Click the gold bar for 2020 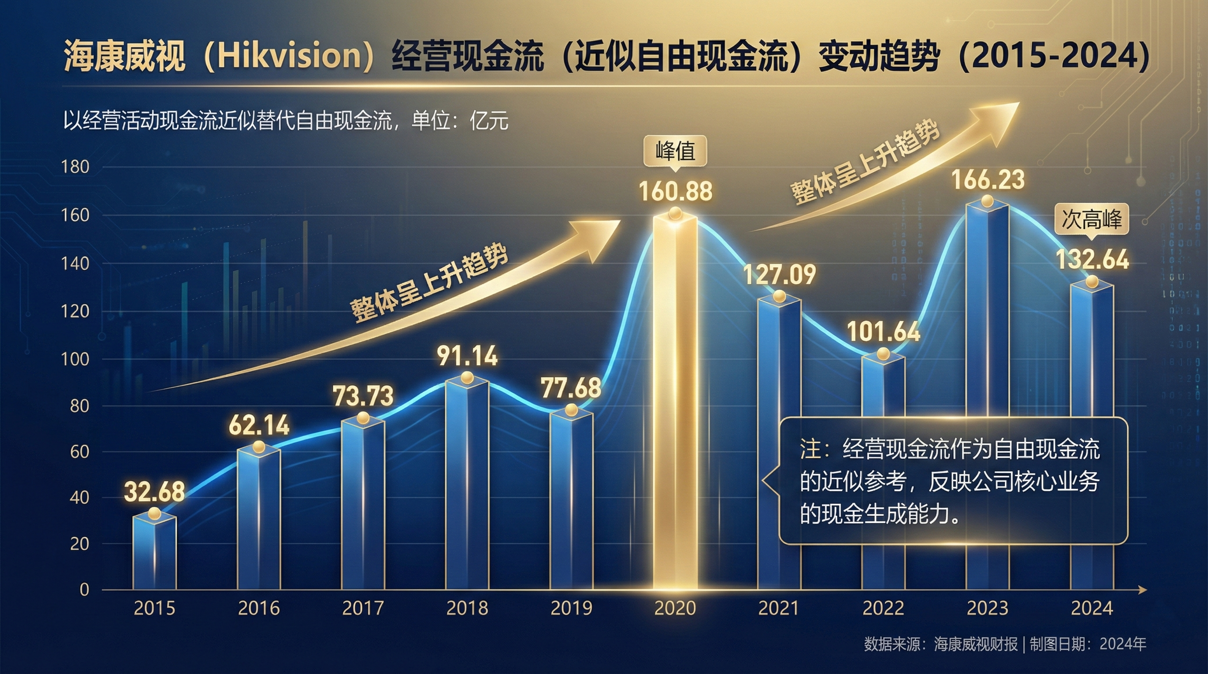coord(675,403)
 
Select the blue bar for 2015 coord(154,553)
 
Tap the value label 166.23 coord(988,180)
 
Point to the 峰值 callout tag coord(675,151)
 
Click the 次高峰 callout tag coord(1091,219)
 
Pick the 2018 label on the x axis coord(467,608)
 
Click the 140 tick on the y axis coord(75,264)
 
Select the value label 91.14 coord(467,356)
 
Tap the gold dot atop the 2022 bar coord(883,354)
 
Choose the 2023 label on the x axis coord(988,608)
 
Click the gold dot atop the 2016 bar coord(259,447)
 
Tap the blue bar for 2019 coord(571,502)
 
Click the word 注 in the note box coord(810,449)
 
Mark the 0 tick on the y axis coord(84,590)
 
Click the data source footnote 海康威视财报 coord(975,645)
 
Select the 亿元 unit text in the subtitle coord(489,122)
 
